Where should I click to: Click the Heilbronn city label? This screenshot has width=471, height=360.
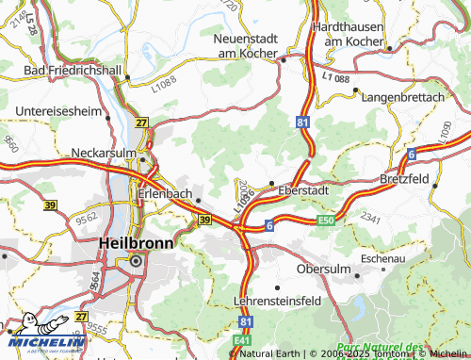[135, 241]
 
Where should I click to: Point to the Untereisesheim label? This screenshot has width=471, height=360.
[58, 111]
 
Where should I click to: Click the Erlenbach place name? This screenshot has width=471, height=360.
[165, 195]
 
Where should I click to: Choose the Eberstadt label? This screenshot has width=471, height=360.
[303, 189]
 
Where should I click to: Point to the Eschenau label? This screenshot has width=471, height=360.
[382, 255]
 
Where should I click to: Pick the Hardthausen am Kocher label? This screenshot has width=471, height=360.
[355, 35]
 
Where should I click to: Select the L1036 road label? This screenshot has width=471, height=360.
[244, 199]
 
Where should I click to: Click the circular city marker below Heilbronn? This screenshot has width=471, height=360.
[136, 261]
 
